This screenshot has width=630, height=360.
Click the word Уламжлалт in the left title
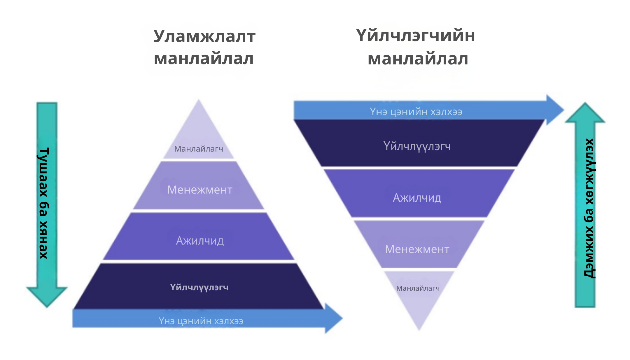pyautogui.click(x=204, y=36)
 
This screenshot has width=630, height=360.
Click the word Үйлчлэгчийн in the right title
pyautogui.click(x=416, y=36)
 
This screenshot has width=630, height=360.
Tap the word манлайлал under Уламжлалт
pyautogui.click(x=204, y=58)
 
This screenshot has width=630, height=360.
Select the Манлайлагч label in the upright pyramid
pyautogui.click(x=199, y=149)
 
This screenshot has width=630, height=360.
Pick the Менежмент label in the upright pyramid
pyautogui.click(x=200, y=190)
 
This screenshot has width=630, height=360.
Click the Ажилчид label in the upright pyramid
pyautogui.click(x=200, y=240)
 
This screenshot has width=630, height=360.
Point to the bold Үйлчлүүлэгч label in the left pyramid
pyautogui.click(x=199, y=287)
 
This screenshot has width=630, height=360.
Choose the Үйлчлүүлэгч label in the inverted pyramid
pyautogui.click(x=417, y=146)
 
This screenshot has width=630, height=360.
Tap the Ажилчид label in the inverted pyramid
pyautogui.click(x=417, y=198)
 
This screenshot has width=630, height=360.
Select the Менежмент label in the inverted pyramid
pyautogui.click(x=417, y=249)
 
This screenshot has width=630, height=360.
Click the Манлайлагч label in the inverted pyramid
pyautogui.click(x=418, y=288)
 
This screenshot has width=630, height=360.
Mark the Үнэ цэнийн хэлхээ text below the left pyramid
pyautogui.click(x=201, y=321)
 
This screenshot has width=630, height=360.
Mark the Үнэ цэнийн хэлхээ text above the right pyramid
pyautogui.click(x=416, y=112)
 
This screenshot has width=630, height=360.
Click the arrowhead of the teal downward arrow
pyautogui.click(x=47, y=296)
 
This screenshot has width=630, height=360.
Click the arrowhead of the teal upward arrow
pyautogui.click(x=585, y=114)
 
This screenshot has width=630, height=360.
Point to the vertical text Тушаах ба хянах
pyautogui.click(x=44, y=203)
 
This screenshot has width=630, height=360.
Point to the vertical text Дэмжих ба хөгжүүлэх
pyautogui.click(x=589, y=208)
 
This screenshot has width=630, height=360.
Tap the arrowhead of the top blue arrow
pyautogui.click(x=554, y=110)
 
